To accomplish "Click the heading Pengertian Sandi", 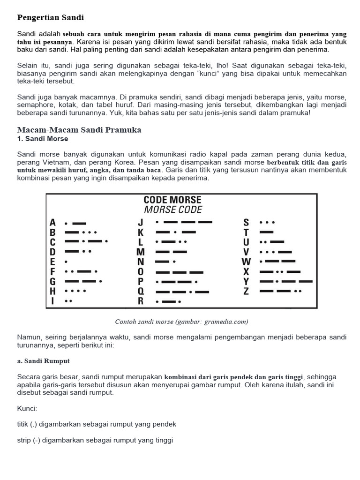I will pos(51,18).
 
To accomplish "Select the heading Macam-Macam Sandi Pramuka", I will pos(79,130).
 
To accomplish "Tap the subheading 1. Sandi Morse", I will pos(43,139).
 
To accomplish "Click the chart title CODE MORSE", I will pos(172,200).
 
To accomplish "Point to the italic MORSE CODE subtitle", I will pos(173,210).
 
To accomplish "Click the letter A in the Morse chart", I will pos(52,222).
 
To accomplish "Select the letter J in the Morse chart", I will pos(140,222).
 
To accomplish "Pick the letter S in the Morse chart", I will pos(246,222).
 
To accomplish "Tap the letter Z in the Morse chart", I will pos(246,291).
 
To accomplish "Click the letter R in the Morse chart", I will pos(140,301).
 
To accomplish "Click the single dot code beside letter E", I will pos(66,262).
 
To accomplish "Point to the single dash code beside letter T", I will pos(266,232).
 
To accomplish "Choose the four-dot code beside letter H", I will pos(75,291).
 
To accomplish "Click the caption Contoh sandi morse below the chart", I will pos(181,322).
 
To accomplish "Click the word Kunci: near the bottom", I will pos(27,409).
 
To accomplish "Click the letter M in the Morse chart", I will pos(140,252).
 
